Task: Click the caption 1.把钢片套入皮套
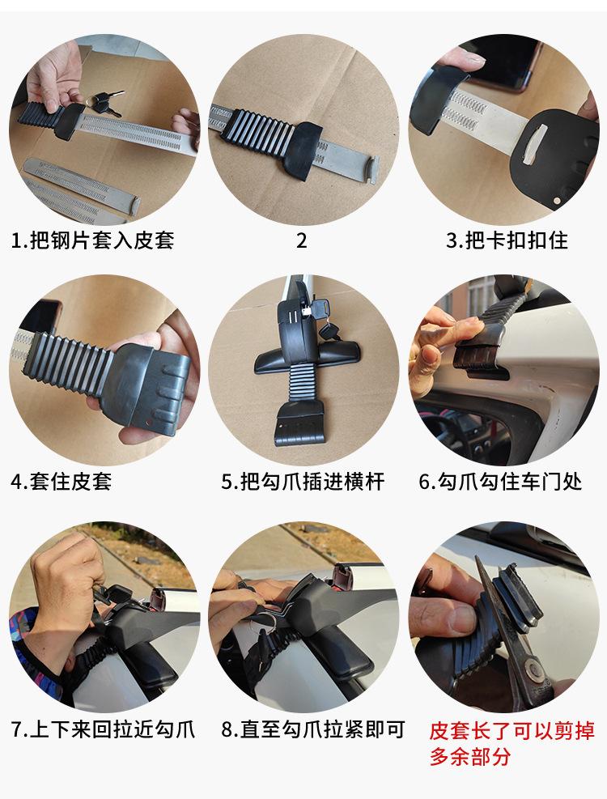[92, 240]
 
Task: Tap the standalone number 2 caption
[302, 240]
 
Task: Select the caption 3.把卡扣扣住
[507, 240]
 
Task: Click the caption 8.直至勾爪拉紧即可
[312, 729]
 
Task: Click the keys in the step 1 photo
[105, 100]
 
